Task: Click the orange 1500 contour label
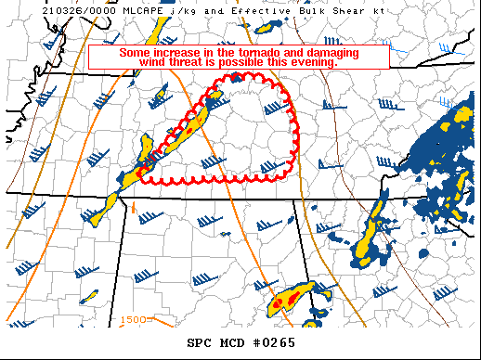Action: click(134, 320)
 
